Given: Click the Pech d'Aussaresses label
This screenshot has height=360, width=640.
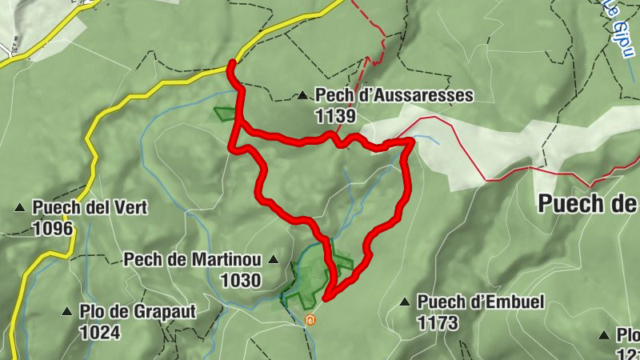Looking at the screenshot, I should [394, 95].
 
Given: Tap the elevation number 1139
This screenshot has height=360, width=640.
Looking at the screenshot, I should [335, 115].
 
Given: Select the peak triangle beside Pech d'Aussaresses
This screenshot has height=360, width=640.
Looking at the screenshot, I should [302, 96].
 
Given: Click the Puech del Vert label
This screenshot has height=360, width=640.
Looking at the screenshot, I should [90, 208].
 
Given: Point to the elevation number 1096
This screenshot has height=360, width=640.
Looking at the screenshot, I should [53, 228].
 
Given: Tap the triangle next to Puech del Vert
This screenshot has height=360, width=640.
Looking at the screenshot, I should [20, 209].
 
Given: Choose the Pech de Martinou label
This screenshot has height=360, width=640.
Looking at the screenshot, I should [193, 259].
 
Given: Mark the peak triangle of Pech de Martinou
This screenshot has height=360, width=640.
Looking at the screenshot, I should [274, 259].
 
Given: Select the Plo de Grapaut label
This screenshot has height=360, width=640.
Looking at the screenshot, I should [138, 311].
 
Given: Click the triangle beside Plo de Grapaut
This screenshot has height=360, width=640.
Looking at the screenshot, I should [67, 311].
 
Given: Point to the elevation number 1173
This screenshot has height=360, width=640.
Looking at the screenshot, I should [438, 322].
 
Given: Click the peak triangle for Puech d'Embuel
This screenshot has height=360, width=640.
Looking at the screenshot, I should [405, 302].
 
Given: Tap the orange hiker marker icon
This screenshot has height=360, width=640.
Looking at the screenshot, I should [310, 320].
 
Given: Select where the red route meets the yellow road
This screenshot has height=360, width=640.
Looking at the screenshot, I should [232, 63].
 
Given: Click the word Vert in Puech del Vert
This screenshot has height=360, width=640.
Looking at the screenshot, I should [131, 208].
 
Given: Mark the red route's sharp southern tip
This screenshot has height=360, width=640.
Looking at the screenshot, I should [326, 299].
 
